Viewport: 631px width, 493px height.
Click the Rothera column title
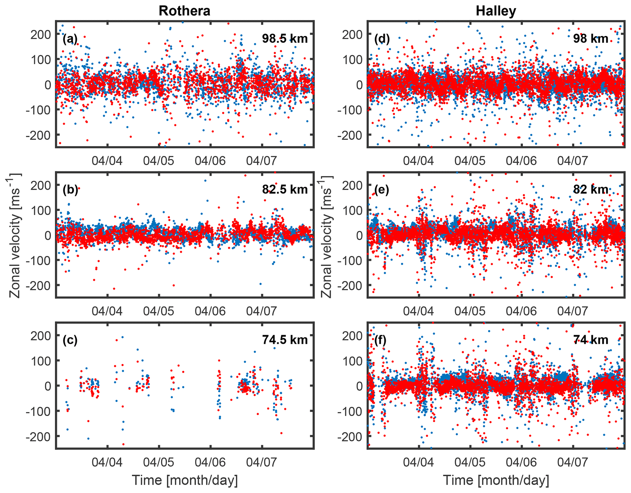tap(184, 11)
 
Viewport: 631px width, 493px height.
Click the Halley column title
tap(496, 11)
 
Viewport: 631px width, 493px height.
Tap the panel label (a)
tap(70, 39)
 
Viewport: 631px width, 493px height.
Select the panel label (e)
tap(382, 190)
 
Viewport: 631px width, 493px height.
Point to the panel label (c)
tap(70, 340)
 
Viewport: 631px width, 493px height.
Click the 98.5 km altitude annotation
tap(285, 39)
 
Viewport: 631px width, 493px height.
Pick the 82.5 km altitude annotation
tap(285, 189)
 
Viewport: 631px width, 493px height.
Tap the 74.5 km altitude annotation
tap(285, 340)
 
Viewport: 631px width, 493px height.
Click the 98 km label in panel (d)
tap(590, 39)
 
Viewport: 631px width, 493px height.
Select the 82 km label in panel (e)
tap(590, 189)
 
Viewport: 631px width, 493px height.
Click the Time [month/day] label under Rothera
tap(185, 480)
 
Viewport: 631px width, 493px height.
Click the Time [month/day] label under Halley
tap(496, 480)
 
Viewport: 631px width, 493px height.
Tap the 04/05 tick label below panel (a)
tap(158, 160)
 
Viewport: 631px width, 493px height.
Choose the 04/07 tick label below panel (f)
tap(572, 462)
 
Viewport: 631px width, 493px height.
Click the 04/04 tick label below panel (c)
tap(107, 462)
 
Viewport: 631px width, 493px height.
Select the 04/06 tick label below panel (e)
tap(521, 311)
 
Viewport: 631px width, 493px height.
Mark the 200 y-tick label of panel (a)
tap(41, 34)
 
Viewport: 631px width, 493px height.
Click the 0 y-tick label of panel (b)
tap(48, 236)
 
